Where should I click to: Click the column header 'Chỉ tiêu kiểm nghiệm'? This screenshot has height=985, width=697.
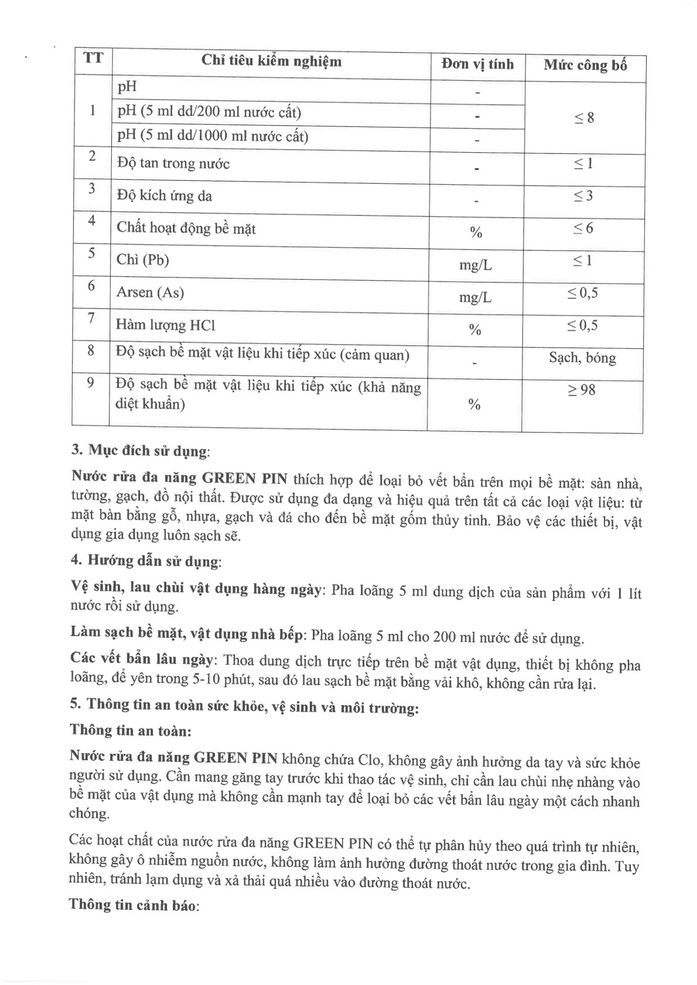pos(271,61)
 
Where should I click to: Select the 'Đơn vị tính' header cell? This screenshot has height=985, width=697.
pos(477,64)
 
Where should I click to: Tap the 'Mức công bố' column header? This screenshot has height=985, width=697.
pos(585,66)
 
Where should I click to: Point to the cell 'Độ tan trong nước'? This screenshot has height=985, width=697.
pos(173,163)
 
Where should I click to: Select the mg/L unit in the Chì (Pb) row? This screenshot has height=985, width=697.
pos(475,265)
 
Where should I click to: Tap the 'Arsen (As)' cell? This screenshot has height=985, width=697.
pos(150,292)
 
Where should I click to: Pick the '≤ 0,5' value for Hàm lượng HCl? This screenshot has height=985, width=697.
pos(582,325)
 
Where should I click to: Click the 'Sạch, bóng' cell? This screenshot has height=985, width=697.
pos(582,358)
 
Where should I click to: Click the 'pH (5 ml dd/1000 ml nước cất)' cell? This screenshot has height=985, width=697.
pos(213,136)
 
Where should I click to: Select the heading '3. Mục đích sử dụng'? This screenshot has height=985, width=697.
pos(139,451)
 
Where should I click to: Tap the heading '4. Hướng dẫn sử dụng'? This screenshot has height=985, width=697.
pos(145,561)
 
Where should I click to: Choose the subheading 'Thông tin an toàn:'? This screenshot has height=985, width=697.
pos(131,731)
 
